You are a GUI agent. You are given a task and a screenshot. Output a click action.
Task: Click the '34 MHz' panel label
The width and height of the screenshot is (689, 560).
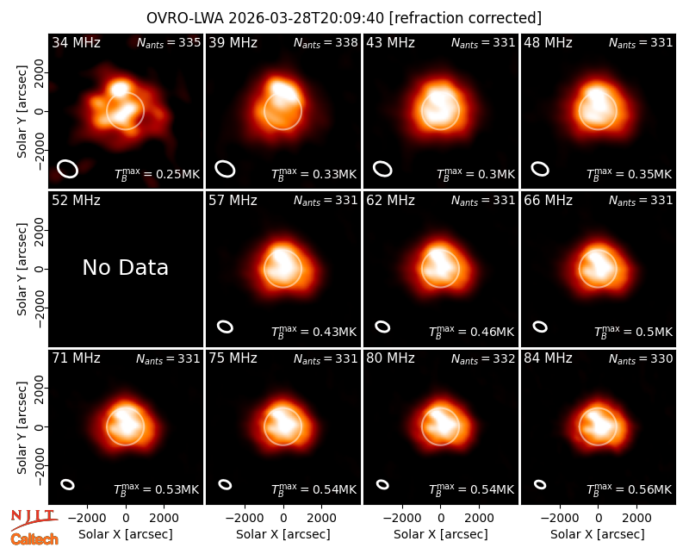(x=76, y=42)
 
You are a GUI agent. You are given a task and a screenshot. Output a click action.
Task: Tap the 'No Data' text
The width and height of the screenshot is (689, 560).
(x=125, y=267)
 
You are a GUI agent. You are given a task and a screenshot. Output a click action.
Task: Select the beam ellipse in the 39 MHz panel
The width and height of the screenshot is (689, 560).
(x=225, y=169)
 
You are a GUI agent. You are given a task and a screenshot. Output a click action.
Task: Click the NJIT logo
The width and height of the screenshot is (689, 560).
(x=34, y=520)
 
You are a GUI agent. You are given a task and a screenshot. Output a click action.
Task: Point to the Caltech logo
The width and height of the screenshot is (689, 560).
(x=34, y=539)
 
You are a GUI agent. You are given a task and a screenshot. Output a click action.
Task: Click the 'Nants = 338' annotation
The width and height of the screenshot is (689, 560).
(x=326, y=42)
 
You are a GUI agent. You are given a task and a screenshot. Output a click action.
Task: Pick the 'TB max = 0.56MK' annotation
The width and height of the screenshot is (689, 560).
(x=630, y=488)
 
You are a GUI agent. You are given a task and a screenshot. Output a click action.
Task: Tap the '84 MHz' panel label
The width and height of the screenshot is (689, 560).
(x=548, y=358)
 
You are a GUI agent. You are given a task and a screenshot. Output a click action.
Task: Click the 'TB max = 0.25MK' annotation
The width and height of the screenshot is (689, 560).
(x=157, y=174)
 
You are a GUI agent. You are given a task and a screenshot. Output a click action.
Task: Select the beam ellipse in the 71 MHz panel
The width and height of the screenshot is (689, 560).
(x=67, y=484)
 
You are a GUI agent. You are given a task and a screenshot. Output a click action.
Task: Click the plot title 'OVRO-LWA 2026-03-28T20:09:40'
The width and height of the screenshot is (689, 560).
(x=265, y=18)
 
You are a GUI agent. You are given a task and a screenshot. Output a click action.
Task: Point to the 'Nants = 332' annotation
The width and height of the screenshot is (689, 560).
(x=483, y=358)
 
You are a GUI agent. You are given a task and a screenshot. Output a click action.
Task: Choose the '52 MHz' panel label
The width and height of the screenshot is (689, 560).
(x=76, y=201)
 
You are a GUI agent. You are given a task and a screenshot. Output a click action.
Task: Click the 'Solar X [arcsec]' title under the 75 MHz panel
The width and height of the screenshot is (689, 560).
(x=283, y=534)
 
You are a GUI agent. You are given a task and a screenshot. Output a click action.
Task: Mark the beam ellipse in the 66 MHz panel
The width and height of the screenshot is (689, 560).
(x=540, y=327)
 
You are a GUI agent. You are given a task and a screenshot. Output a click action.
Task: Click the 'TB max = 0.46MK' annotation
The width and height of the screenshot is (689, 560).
(x=471, y=332)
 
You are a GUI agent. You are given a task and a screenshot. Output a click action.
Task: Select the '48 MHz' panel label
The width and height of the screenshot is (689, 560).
(x=548, y=42)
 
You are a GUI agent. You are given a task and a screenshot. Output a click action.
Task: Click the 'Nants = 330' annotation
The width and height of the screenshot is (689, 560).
(x=641, y=358)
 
